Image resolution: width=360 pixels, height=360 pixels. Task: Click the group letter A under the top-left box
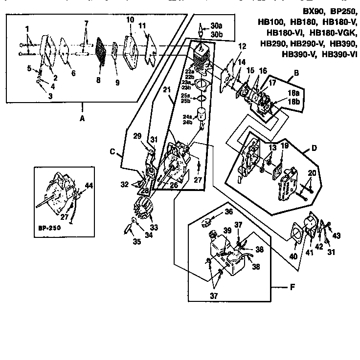click(82, 118)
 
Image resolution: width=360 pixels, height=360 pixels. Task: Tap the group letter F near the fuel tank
click(292, 287)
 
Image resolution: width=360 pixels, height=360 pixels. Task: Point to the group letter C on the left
click(112, 152)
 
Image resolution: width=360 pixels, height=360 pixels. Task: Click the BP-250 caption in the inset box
click(48, 227)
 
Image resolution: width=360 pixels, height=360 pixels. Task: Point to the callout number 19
click(285, 146)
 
